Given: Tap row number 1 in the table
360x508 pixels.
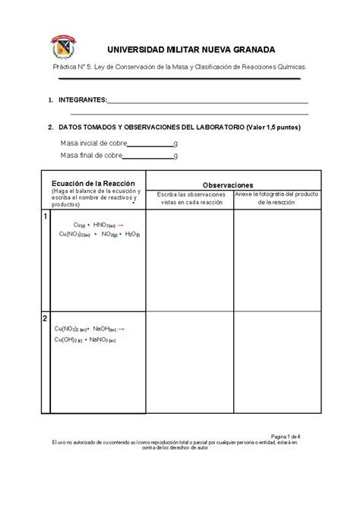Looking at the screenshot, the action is click(x=45, y=217).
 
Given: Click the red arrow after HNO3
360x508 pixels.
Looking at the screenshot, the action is click(x=121, y=226).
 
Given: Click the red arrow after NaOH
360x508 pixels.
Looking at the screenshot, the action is click(x=122, y=329).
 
